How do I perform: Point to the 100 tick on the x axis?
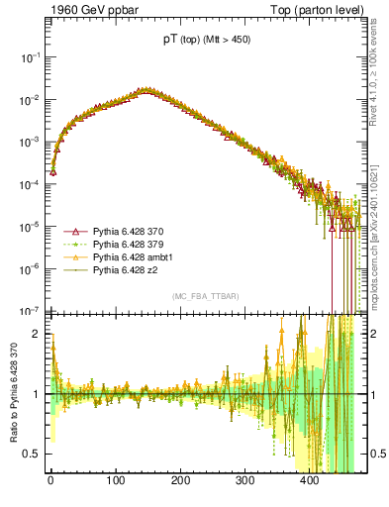(x=115, y=481)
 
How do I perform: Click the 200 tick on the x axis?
(x=180, y=481)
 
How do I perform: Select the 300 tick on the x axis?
(x=244, y=481)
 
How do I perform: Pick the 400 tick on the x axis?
(x=310, y=481)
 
